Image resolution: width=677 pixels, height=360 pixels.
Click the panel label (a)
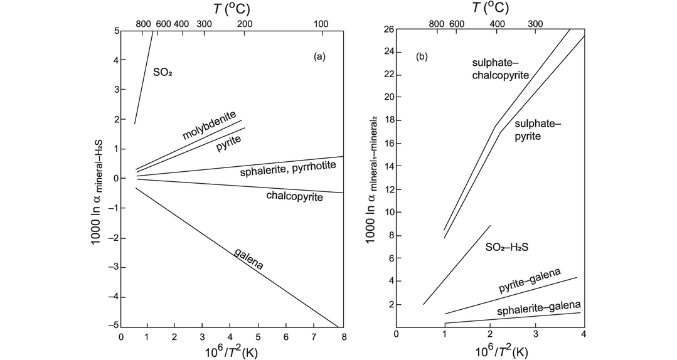319,56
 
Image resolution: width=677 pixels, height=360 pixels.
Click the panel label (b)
422,56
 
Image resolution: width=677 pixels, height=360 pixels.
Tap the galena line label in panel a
248,258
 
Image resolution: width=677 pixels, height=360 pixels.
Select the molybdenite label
209,125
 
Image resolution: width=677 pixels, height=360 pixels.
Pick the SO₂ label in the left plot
163,72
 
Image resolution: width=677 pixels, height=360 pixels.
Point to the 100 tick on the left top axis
321,24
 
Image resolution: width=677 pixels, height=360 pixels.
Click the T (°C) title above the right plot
489,8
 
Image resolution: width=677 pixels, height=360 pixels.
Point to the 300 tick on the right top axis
535,24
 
